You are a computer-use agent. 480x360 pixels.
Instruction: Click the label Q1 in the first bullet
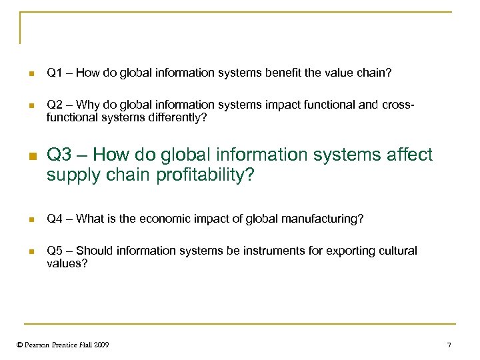tap(54, 72)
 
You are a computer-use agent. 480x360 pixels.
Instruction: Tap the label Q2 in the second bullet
tap(54, 105)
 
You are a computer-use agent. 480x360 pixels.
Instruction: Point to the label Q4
tap(54, 219)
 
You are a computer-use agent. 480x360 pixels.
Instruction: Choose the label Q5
tap(54, 251)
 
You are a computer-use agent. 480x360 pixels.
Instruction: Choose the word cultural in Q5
tap(397, 251)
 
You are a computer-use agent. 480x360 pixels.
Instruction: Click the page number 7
tap(449, 345)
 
